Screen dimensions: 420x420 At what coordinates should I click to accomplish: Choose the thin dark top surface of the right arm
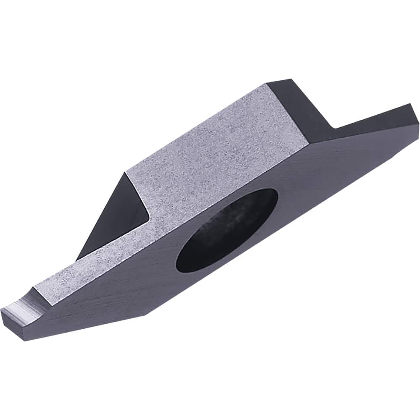click(374, 115)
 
